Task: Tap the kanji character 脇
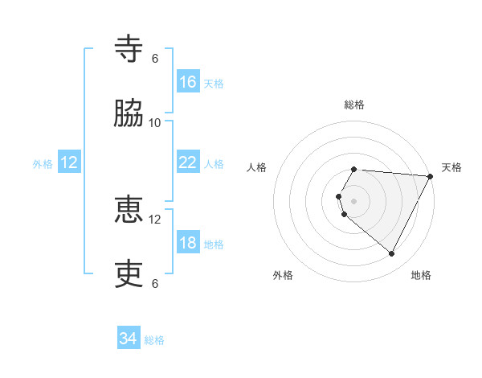point(129,114)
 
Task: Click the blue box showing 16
point(188,81)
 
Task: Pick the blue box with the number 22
point(188,162)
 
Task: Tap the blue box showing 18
point(188,243)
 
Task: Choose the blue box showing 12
point(69,162)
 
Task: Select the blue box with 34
point(129,339)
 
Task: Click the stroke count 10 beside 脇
point(155,122)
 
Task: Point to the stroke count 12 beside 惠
point(155,219)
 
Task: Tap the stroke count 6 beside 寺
point(155,58)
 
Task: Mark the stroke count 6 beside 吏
point(155,283)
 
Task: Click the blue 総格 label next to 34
point(154,340)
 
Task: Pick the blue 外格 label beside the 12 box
point(43,164)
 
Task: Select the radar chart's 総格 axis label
point(353,105)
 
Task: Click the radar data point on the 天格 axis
point(430,176)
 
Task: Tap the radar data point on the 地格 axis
point(392,254)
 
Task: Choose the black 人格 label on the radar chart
point(257,167)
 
